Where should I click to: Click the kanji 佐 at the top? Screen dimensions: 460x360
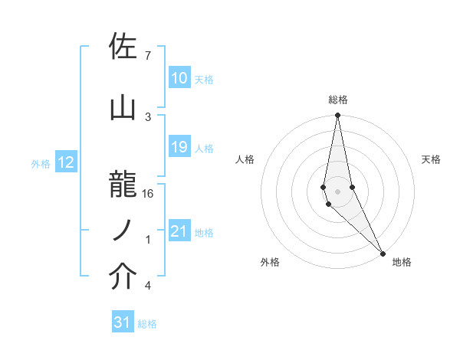click(x=123, y=47)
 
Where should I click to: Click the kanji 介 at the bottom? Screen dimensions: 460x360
click(x=123, y=277)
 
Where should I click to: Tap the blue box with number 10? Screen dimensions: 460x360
click(x=179, y=78)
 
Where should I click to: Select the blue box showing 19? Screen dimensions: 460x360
click(x=179, y=147)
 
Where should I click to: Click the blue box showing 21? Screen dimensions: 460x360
click(x=179, y=231)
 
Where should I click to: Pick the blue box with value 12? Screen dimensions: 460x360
click(x=65, y=162)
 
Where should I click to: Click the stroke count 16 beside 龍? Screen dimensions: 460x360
click(x=148, y=194)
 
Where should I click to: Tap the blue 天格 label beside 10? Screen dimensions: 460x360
click(x=204, y=79)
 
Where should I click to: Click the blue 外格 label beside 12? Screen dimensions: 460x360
click(x=40, y=163)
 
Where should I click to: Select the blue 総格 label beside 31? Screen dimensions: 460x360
click(x=147, y=323)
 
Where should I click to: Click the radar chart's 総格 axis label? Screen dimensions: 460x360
click(x=338, y=100)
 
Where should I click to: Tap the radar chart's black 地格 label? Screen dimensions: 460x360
click(x=402, y=262)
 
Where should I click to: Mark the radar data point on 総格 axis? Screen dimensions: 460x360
click(x=337, y=116)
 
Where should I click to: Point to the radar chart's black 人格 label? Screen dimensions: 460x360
click(x=245, y=159)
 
